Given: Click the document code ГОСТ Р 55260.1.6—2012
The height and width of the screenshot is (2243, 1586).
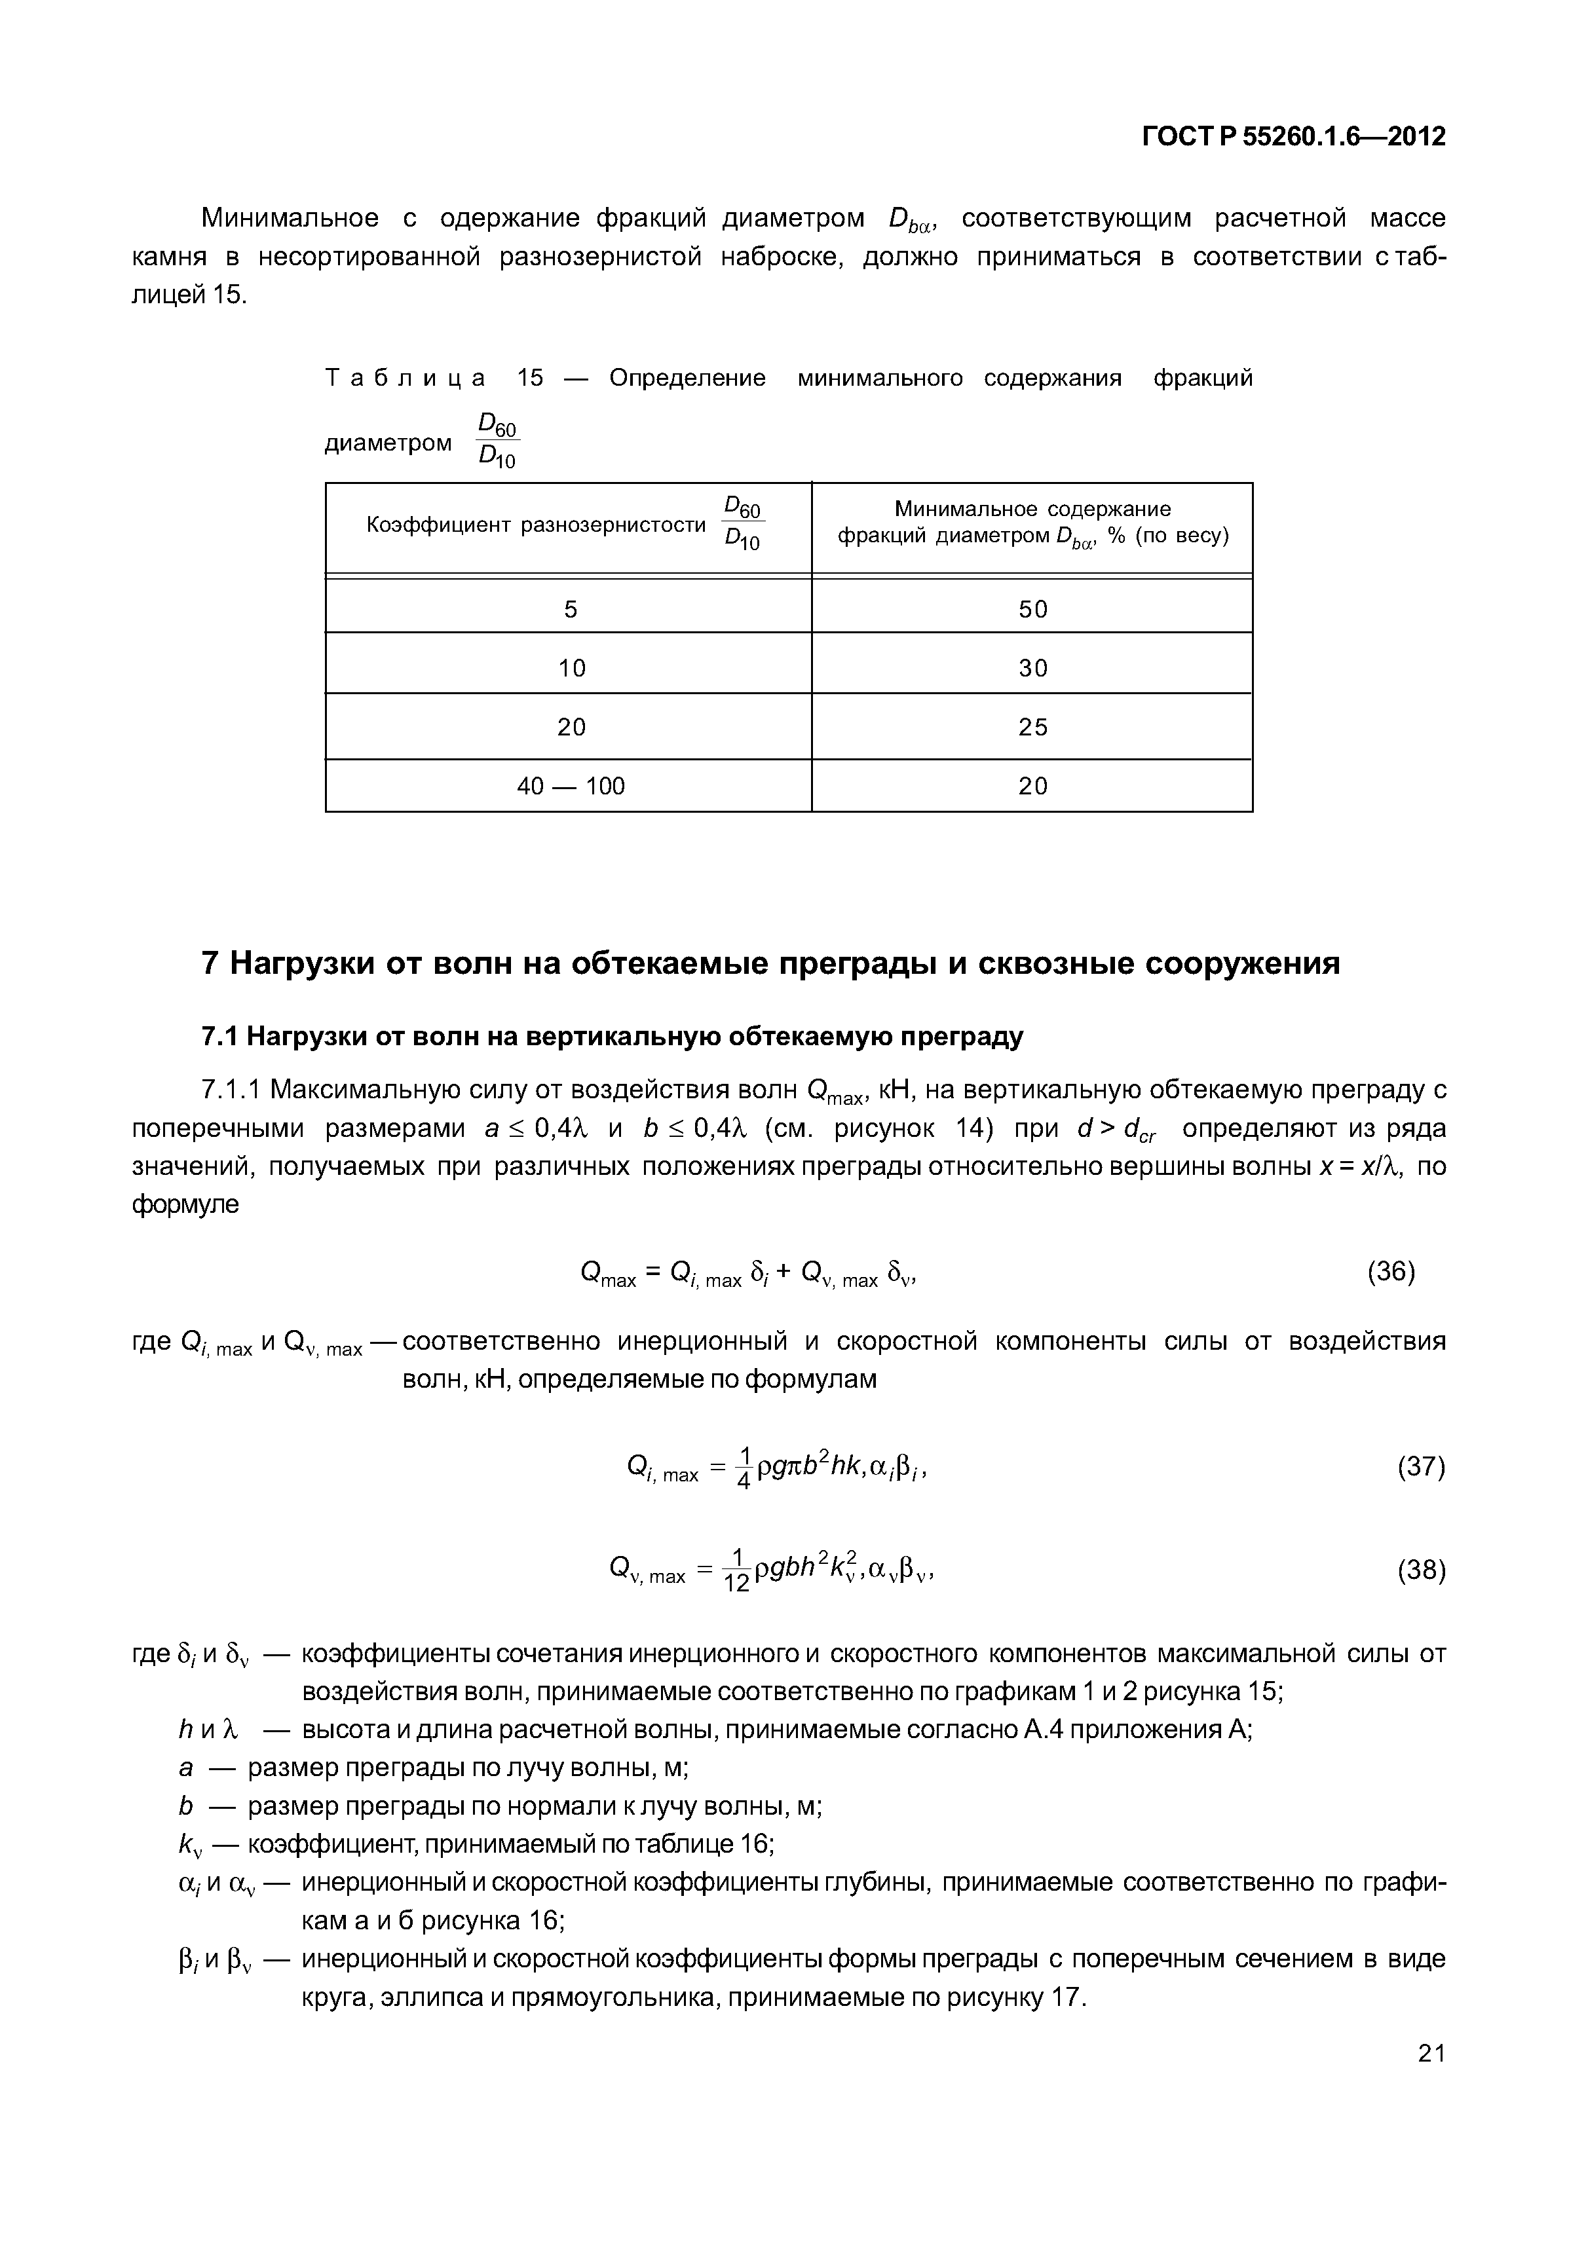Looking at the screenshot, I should click(1293, 137).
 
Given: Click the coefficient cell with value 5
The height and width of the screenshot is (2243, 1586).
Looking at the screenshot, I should click(570, 610).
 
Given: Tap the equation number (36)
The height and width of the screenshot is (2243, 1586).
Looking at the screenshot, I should click(1391, 1272).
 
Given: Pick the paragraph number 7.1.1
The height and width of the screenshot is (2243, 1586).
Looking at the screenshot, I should click(232, 1089).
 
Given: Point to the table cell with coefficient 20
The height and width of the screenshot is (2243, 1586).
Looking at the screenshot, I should click(570, 727).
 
